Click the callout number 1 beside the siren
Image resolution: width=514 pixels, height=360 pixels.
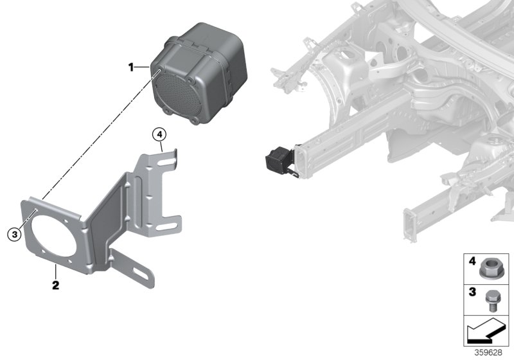[131, 66]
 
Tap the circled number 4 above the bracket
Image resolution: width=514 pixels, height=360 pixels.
[159, 135]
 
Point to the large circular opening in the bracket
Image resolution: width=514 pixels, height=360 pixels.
[53, 237]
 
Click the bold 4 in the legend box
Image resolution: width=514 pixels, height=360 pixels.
[471, 261]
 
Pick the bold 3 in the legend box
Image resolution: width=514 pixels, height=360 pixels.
[471, 292]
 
